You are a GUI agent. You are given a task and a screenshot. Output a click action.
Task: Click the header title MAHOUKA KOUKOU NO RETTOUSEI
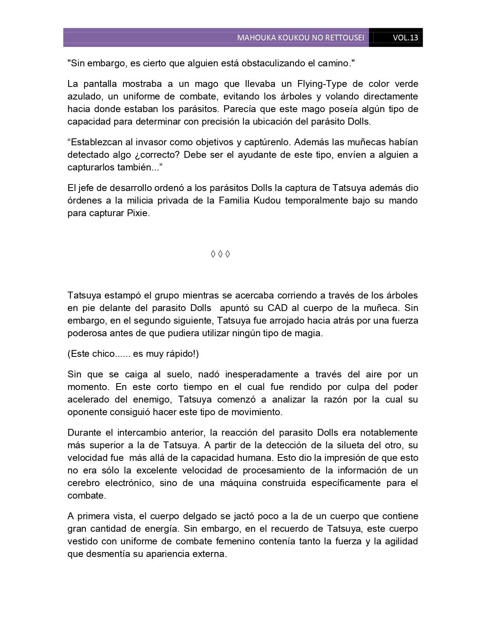(300, 38)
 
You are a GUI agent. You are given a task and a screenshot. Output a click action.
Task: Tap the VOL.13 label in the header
(406, 38)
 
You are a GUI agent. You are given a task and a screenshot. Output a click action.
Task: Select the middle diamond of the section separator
(220, 254)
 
